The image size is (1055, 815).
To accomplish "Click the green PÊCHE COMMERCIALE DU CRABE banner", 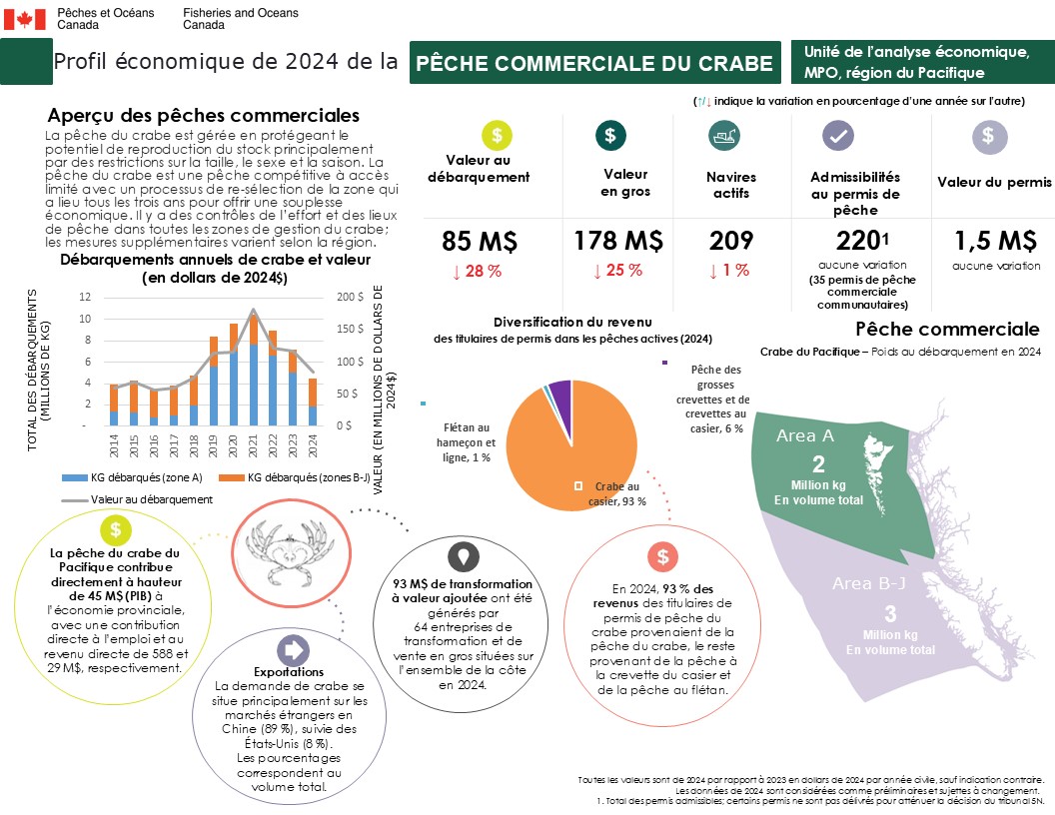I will click(594, 63).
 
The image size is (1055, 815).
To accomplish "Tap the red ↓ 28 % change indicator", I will click(477, 272).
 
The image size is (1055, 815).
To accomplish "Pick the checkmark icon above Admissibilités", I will click(837, 136).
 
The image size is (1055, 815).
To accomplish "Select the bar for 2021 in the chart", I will click(253, 370).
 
